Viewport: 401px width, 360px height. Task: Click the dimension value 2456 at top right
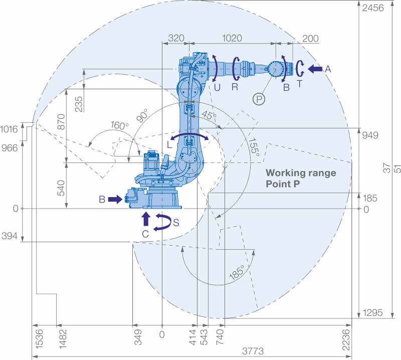pyautogui.click(x=372, y=8)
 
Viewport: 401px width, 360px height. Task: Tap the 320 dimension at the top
pyautogui.click(x=176, y=38)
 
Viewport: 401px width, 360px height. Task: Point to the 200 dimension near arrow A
pyautogui.click(x=311, y=38)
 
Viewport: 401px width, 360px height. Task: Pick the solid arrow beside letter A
pyautogui.click(x=315, y=69)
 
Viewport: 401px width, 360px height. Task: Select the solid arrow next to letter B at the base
pyautogui.click(x=114, y=200)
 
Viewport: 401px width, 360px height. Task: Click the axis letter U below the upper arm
pyautogui.click(x=217, y=86)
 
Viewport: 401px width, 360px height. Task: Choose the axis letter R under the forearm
pyautogui.click(x=235, y=86)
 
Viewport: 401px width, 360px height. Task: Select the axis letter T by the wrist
pyautogui.click(x=300, y=84)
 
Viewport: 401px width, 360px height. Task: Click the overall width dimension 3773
pyautogui.click(x=253, y=351)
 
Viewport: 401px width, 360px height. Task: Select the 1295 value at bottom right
pyautogui.click(x=372, y=313)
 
